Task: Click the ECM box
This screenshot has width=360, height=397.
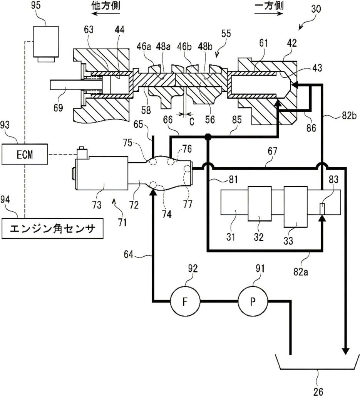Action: (25, 155)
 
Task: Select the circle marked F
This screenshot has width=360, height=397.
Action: (184, 301)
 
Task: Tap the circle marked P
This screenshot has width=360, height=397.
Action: (252, 301)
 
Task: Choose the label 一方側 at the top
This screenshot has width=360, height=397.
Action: (269, 7)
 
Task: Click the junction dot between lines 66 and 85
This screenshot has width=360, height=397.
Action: (208, 137)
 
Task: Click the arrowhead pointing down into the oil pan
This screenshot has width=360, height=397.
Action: (346, 351)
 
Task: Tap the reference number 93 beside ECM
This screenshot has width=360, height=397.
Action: (8, 126)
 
